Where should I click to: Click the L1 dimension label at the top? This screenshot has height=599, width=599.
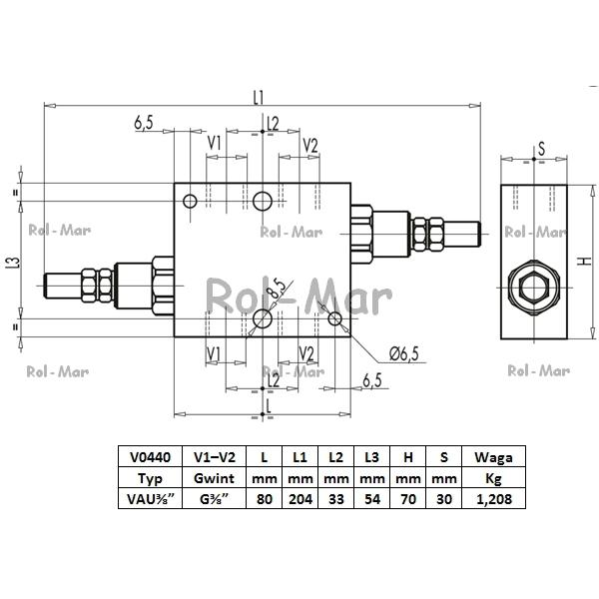[x=259, y=98]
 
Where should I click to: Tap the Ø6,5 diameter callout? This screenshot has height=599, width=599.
[x=404, y=353]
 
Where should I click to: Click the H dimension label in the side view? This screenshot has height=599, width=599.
[x=585, y=261]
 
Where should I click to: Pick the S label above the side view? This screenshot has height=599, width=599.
[x=541, y=149]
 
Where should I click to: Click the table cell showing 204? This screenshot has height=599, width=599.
[x=300, y=498]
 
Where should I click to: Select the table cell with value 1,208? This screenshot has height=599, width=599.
[x=494, y=498]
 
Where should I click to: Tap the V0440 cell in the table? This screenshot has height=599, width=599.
[x=150, y=456]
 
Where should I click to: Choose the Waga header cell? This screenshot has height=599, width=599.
[x=494, y=456]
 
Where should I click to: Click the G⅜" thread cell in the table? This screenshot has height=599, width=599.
[x=215, y=498]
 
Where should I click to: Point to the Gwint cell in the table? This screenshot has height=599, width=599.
[x=215, y=477]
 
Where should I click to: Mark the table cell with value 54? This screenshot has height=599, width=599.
[x=372, y=498]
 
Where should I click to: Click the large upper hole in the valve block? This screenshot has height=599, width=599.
[x=263, y=201]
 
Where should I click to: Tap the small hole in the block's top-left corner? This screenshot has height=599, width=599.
[x=190, y=201]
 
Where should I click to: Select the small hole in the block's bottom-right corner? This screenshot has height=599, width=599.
[x=335, y=318]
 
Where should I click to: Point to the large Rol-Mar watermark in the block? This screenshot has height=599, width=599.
[x=299, y=297]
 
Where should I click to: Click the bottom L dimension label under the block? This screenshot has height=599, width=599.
[x=269, y=406]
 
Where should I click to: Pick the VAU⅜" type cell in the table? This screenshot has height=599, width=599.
[x=150, y=498]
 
